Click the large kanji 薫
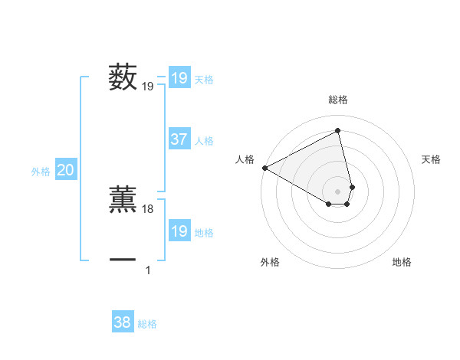123,198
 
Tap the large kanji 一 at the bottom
123,260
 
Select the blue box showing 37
179,139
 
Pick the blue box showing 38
123,322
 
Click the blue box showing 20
66,170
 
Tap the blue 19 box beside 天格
179,78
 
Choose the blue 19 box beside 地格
179,231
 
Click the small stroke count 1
148,270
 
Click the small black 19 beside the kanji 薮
148,87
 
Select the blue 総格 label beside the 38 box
147,324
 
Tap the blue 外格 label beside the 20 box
41,172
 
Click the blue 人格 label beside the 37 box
204,141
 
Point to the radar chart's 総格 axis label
338,100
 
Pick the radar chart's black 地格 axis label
402,262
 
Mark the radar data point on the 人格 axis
264,167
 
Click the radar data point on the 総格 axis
338,131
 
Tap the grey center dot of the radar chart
338,191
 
